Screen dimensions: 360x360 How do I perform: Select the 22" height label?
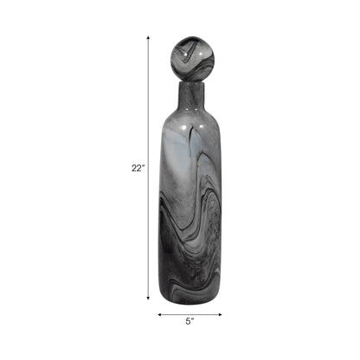point(137,170)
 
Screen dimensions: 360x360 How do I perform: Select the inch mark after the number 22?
point(143,167)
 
